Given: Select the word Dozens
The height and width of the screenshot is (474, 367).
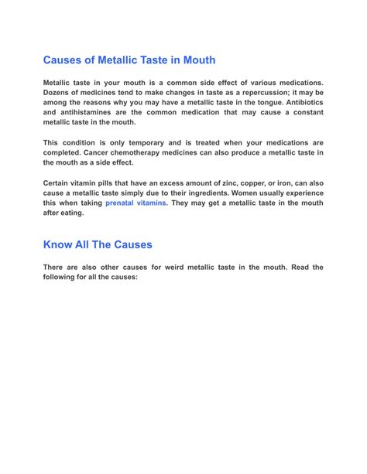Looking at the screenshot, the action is pos(59,92).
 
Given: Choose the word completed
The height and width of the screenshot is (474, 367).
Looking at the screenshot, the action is pos(63,152).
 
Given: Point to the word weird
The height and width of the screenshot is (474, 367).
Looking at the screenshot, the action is pos(173,267).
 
